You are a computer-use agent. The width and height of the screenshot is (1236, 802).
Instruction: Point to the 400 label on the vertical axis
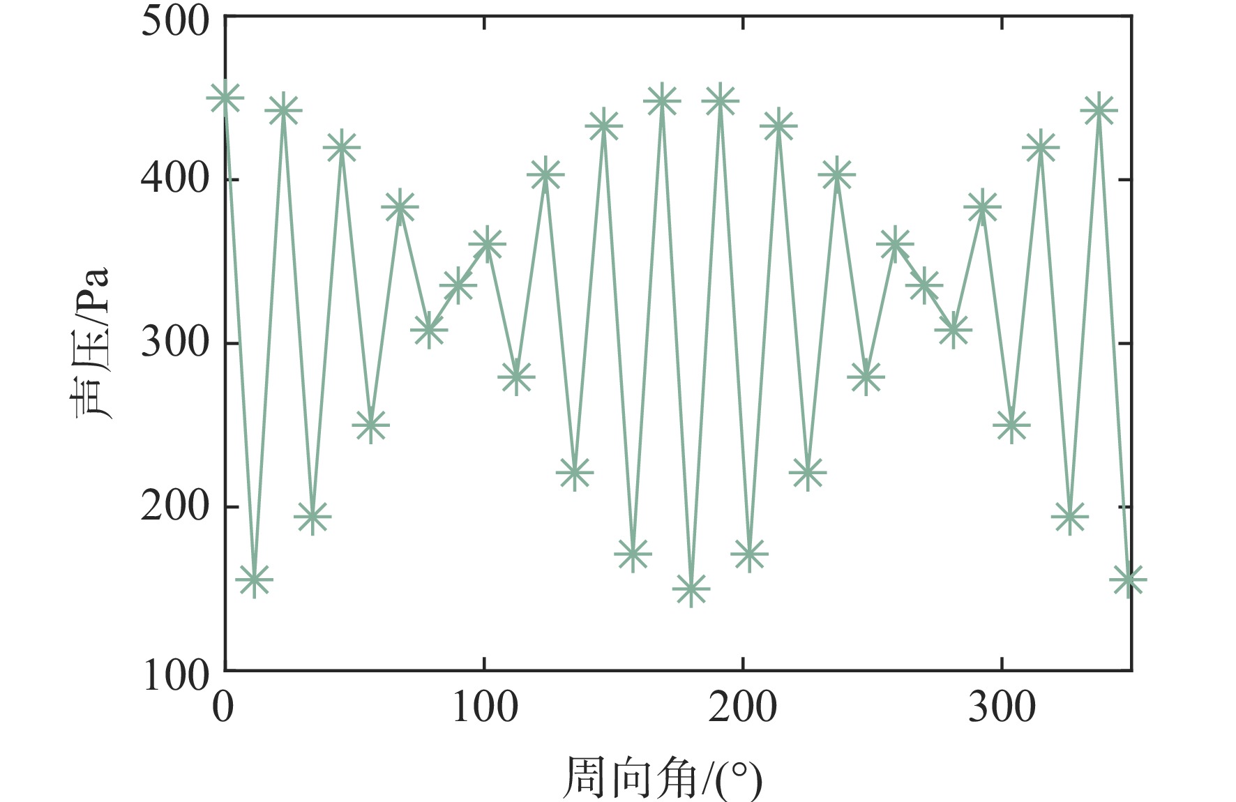[175, 179]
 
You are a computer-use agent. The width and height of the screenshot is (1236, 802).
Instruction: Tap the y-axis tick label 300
[175, 343]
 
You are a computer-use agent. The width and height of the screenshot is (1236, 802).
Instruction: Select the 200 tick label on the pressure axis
[175, 507]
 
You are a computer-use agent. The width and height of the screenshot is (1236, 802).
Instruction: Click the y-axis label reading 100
[175, 676]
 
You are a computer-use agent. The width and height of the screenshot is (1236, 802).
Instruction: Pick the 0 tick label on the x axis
[223, 707]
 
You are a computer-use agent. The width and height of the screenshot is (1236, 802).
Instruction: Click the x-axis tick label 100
[485, 707]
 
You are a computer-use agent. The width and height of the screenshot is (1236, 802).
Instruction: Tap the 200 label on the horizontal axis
[743, 707]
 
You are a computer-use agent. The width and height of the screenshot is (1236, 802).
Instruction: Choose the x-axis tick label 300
[1002, 707]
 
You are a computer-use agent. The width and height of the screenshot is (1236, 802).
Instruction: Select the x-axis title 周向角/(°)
[662, 778]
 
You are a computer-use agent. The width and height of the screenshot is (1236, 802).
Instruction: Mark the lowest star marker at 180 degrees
[691, 589]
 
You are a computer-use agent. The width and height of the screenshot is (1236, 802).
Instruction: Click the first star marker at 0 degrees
[225, 98]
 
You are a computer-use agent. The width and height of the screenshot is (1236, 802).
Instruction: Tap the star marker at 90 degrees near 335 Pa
[458, 285]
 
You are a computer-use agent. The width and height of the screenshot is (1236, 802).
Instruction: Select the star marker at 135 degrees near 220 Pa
[574, 473]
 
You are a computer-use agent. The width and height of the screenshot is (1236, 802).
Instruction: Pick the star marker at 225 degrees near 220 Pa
[807, 473]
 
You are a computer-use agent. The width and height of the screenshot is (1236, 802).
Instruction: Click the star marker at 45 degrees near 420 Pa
[341, 148]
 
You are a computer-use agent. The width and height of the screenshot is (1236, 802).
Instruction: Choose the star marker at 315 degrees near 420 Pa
[1041, 148]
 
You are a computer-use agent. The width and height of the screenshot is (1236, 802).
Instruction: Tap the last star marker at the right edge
[1128, 579]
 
